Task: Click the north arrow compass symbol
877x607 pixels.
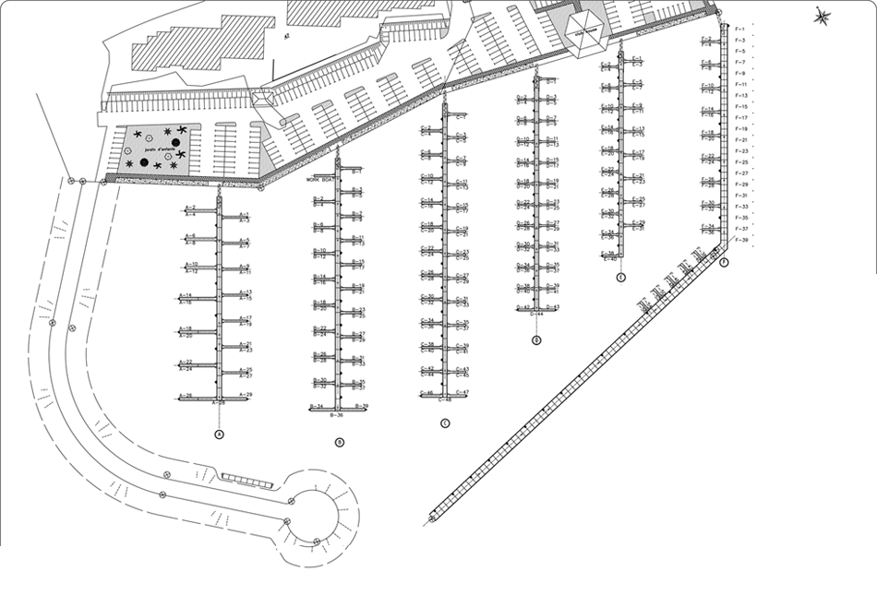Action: pos(823,15)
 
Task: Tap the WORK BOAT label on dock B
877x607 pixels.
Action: pos(324,180)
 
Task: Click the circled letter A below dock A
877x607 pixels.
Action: pos(219,434)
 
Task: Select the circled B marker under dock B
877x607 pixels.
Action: pos(340,443)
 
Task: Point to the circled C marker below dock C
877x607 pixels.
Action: pos(445,423)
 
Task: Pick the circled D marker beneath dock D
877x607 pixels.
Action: pos(536,340)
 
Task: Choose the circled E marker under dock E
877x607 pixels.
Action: pos(620,277)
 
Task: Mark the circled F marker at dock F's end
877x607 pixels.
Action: pos(724,262)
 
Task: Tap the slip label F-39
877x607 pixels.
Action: pos(740,240)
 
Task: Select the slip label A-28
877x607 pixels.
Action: pos(220,404)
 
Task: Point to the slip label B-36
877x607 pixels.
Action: pos(337,416)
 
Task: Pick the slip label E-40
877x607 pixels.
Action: pos(609,259)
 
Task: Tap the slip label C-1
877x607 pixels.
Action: pos(462,117)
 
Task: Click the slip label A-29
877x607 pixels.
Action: pos(246,395)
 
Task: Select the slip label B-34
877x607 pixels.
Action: pos(316,407)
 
